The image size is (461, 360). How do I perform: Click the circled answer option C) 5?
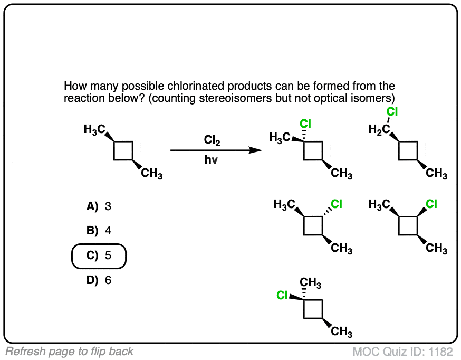[99, 256]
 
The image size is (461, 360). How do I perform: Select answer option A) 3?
[99, 206]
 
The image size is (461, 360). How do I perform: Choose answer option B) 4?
[99, 231]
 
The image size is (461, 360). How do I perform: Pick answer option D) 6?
[99, 280]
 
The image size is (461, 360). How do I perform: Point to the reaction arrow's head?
[258, 150]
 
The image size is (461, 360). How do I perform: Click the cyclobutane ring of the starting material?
[123, 150]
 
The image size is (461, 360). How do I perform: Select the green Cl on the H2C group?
[391, 111]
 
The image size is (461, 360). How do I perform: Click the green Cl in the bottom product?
[283, 295]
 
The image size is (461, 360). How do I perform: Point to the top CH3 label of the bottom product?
[311, 283]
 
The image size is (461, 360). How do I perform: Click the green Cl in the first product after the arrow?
[306, 124]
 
